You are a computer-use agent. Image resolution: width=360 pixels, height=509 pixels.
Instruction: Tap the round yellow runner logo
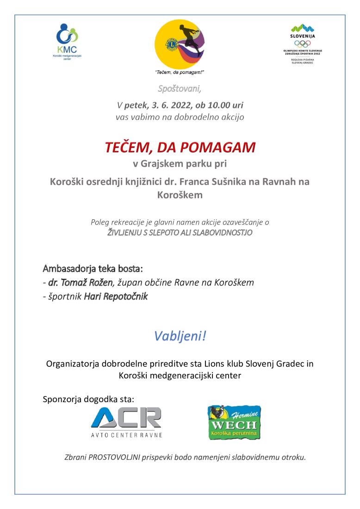tap(180, 44)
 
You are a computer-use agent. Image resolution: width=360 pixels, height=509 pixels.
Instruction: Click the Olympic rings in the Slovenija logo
tap(302, 43)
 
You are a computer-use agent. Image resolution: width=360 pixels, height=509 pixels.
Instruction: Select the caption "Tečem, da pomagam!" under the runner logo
tap(180, 73)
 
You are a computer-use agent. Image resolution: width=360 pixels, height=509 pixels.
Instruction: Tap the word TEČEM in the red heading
tap(124, 148)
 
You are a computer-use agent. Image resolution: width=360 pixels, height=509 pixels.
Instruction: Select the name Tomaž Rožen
tap(81, 282)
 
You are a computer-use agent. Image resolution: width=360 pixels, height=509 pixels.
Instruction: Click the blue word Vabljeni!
tap(180, 336)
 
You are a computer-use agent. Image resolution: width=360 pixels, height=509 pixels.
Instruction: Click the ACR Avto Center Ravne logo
tap(126, 422)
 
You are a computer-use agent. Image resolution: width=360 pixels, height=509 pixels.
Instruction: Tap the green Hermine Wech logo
tap(234, 422)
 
